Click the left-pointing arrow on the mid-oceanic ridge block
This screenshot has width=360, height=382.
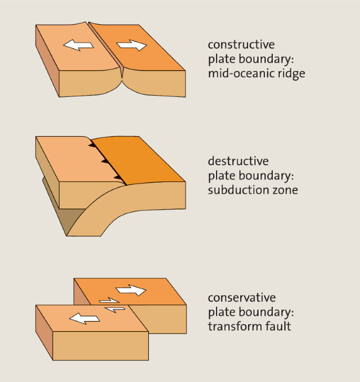click(78, 46)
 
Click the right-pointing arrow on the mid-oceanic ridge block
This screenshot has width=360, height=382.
click(131, 45)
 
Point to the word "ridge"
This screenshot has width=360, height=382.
click(291, 74)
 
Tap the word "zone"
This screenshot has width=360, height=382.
click(284, 189)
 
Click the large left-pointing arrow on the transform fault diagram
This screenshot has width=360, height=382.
click(85, 318)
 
